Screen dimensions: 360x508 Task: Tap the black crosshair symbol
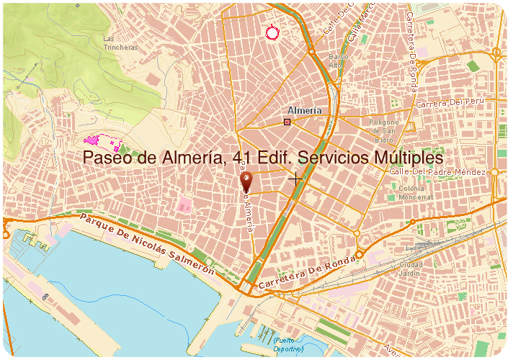[295, 178]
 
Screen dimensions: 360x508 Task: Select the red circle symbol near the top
[272, 32]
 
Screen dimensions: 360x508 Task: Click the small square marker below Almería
[288, 122]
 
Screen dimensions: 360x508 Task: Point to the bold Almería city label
[303, 111]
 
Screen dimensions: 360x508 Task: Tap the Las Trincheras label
[120, 42]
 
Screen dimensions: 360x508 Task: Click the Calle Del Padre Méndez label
[437, 172]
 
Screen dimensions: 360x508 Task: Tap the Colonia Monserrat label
[416, 192]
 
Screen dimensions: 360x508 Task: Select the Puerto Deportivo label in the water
[288, 344]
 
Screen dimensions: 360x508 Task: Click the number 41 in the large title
[244, 157]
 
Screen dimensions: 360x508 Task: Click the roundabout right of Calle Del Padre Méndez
[495, 173]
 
